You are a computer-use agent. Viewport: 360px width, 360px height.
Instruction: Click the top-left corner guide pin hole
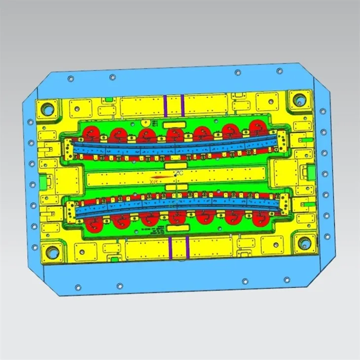(48, 107)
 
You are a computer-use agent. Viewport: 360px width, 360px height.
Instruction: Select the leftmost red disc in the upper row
(91, 132)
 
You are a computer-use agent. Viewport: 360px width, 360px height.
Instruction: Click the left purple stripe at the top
(166, 105)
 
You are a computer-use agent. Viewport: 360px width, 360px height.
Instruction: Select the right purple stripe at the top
(182, 105)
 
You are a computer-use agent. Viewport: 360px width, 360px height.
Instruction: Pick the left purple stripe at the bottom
(170, 247)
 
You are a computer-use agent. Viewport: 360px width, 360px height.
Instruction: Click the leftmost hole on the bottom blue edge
(76, 286)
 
